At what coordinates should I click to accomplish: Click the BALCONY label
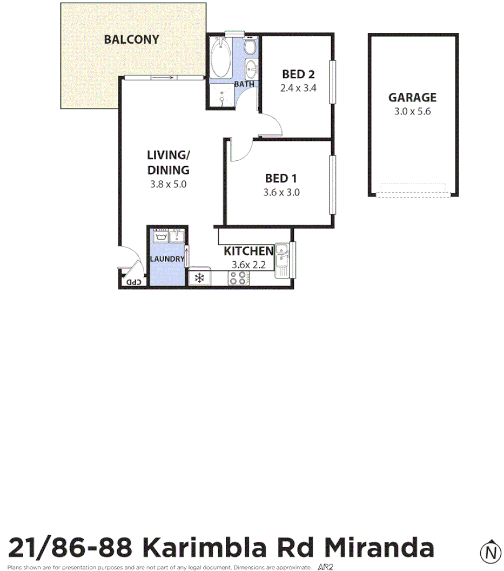[x=132, y=39]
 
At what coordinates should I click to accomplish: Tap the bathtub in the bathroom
[x=220, y=58]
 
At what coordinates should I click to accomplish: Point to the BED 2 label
[x=298, y=74]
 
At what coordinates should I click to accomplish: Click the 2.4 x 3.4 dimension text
[x=298, y=87]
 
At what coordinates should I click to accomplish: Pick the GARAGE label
[x=412, y=98]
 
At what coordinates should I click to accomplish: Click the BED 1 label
[x=281, y=179]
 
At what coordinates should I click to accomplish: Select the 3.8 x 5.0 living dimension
[x=168, y=183]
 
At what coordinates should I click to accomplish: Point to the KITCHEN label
[x=248, y=251]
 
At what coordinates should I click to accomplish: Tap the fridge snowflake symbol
[x=199, y=278]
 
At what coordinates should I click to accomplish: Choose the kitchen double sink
[x=283, y=256]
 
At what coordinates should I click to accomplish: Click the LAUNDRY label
[x=167, y=259]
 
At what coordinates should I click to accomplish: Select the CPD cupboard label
[x=133, y=282]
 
